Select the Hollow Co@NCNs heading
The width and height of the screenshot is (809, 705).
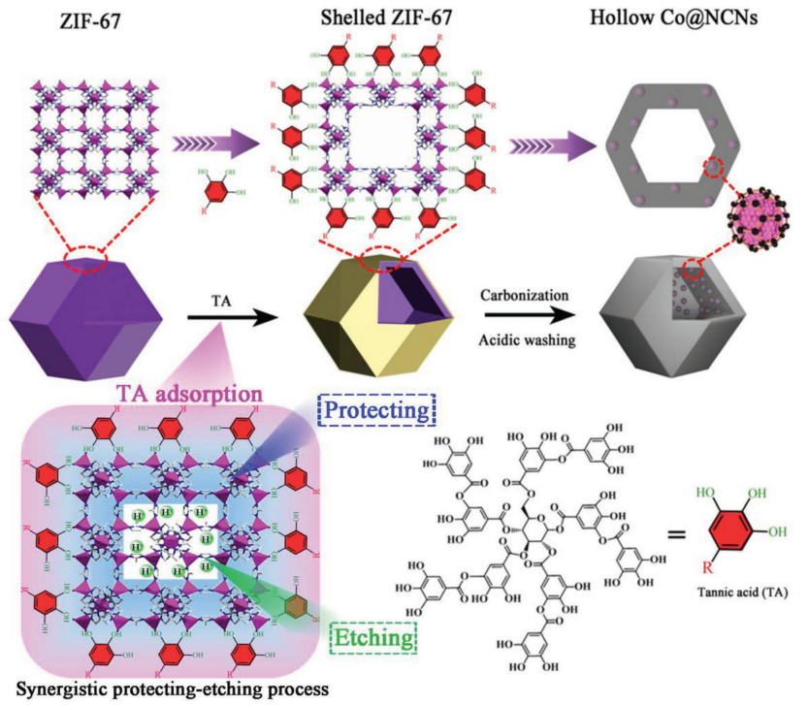click(678, 16)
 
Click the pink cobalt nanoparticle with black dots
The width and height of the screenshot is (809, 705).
click(761, 216)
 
